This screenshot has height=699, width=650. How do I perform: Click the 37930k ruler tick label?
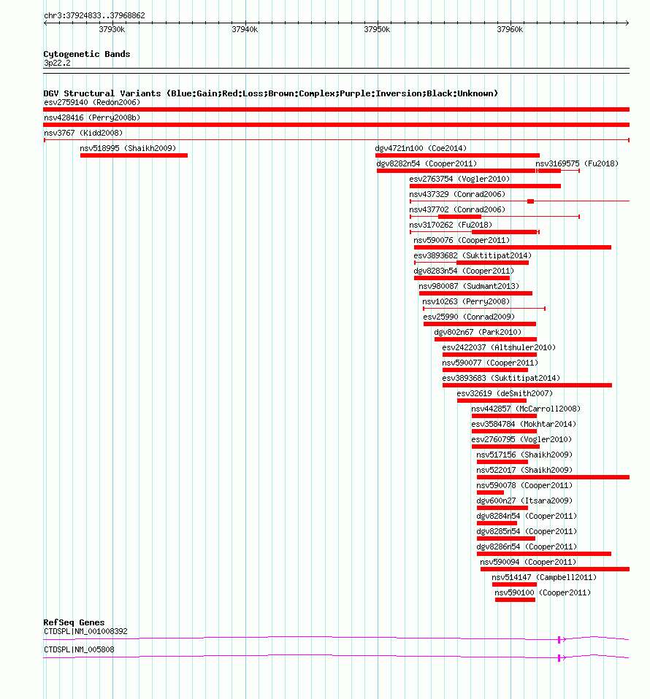coord(112,29)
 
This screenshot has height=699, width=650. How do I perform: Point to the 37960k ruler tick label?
coord(510,29)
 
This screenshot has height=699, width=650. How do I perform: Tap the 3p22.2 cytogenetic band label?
coord(57,63)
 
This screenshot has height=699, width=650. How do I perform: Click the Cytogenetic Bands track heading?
coord(86,54)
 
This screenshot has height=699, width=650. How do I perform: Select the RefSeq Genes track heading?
coord(74,622)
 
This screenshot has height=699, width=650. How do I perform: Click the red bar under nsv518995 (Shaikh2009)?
coord(134,155)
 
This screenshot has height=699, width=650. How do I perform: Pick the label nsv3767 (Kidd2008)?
coord(83,133)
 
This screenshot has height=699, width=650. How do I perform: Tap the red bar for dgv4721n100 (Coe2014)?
coord(457,155)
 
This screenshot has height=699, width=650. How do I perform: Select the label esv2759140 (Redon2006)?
coord(92,102)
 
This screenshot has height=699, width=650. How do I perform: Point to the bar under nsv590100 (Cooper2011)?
coord(515,600)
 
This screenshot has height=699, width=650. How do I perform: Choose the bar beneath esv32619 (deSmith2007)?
coord(492,401)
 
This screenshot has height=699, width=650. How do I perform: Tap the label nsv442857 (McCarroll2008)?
coord(526,409)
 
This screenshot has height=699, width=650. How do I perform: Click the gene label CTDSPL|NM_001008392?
coord(85,631)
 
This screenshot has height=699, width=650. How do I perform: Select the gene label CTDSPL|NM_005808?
coord(79,649)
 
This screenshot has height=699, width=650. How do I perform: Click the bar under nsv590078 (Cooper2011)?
coord(490,493)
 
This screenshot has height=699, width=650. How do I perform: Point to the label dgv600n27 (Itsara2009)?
coord(524,501)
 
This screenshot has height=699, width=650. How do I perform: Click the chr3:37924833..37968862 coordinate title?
coord(94,15)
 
